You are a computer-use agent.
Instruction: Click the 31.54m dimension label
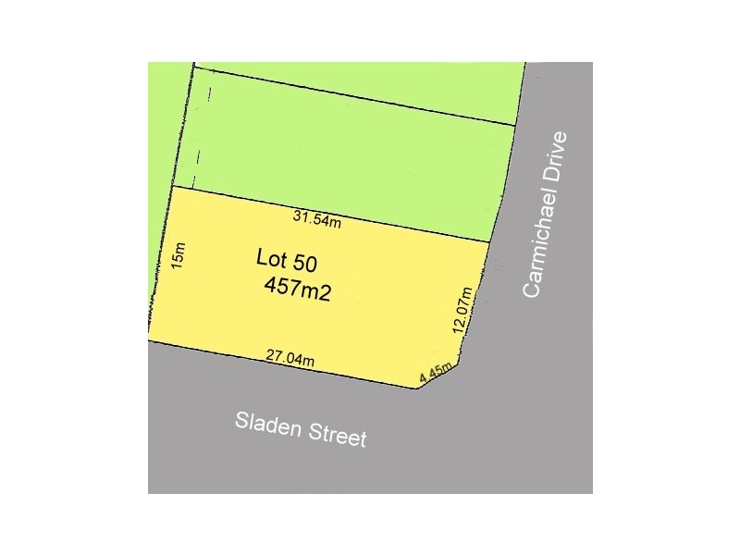coord(317,219)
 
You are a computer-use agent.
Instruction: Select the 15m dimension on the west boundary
coord(179,254)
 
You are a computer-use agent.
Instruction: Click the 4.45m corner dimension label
coord(435,373)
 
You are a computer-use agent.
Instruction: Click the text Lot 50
coord(287,262)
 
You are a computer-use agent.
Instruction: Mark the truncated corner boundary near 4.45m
coord(440,376)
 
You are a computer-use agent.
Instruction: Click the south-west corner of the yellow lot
coord(149,340)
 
